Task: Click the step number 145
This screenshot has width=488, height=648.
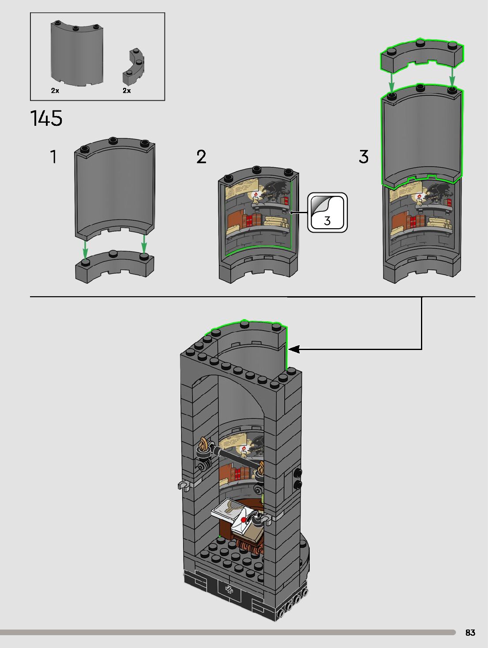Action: [x=46, y=118]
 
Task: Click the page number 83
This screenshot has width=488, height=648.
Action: [x=470, y=633]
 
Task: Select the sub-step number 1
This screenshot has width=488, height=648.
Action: [x=53, y=157]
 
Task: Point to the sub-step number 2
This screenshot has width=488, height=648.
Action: [x=201, y=157]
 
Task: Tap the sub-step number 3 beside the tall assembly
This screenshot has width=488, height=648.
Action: [x=363, y=157]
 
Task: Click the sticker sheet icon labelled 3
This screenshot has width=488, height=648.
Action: [x=327, y=212]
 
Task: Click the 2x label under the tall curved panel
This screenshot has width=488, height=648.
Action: [x=55, y=90]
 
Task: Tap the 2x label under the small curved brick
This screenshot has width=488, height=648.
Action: [x=127, y=90]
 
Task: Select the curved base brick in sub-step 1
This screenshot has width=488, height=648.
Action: [x=115, y=266]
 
